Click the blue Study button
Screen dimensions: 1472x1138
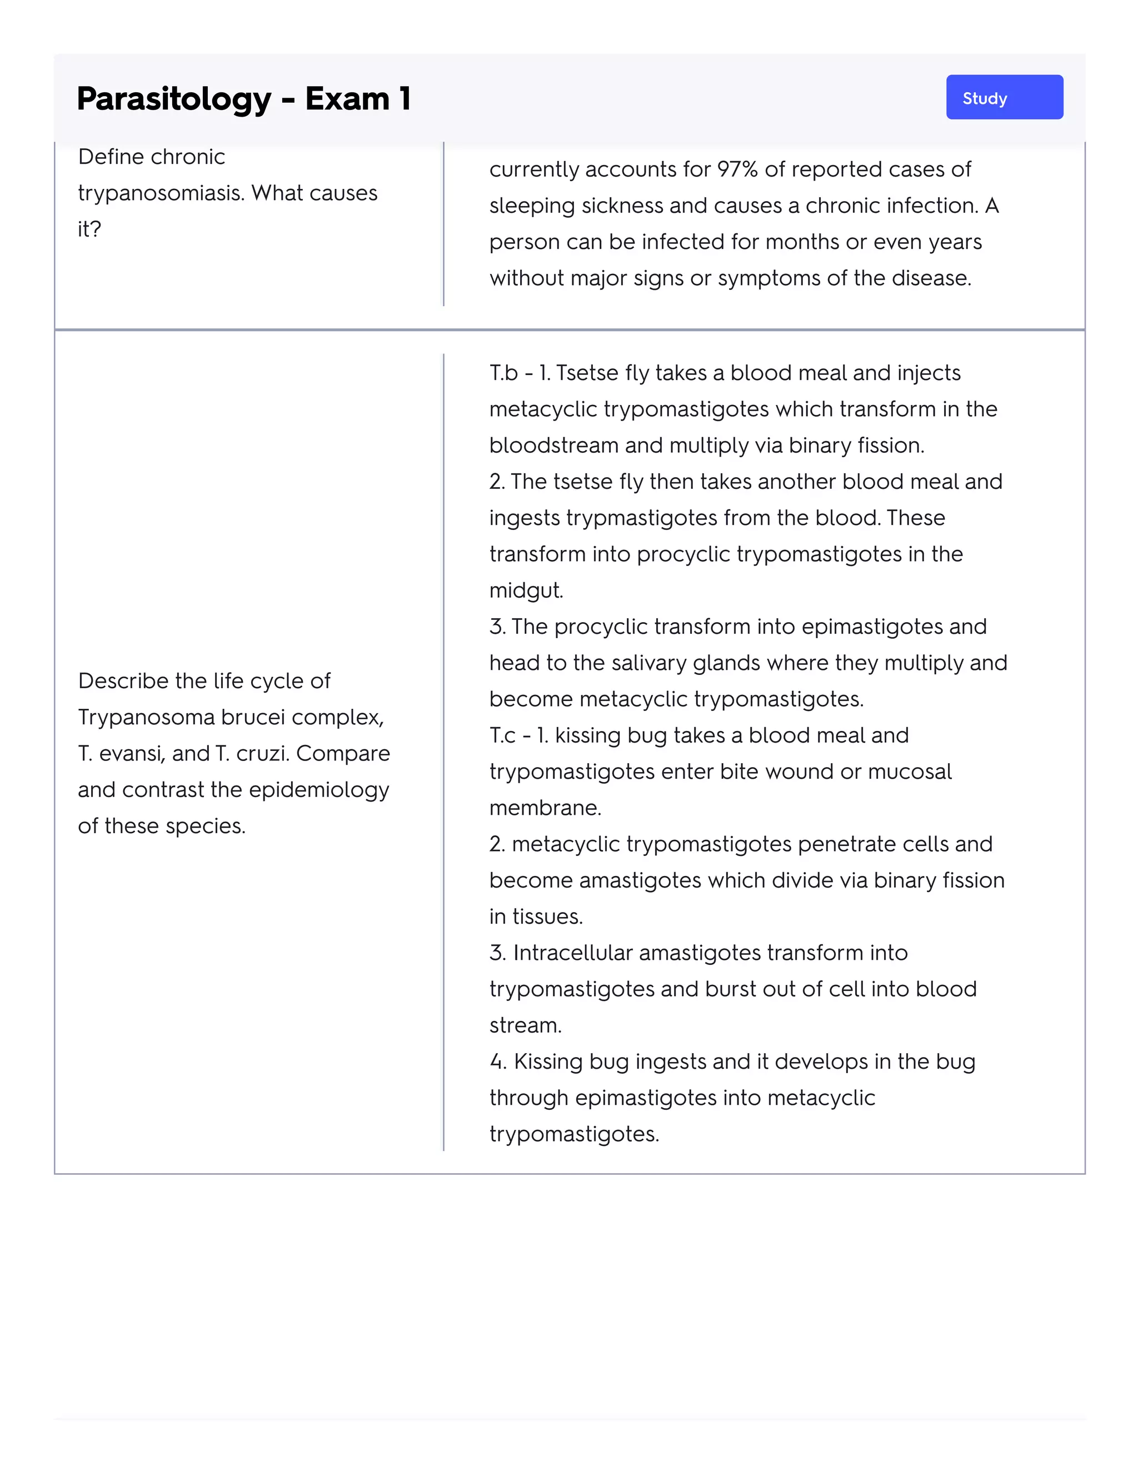pos(1004,98)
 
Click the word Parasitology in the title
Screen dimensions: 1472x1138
pos(174,99)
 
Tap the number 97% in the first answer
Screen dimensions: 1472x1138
pos(737,169)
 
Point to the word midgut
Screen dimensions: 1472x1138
pos(526,590)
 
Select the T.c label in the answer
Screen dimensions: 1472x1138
pos(503,735)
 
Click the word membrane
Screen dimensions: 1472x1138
pos(545,808)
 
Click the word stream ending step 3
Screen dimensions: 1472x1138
pos(525,1025)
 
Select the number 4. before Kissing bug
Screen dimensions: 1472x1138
pos(497,1062)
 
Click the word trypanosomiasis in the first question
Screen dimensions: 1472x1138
pos(161,193)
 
